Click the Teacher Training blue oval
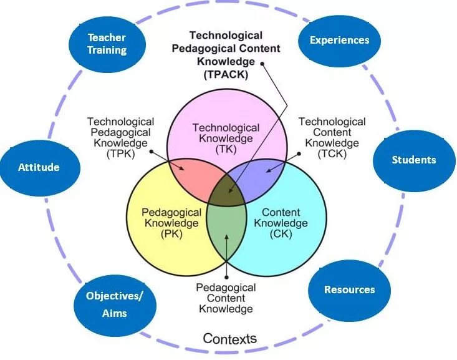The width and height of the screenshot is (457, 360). pos(107,44)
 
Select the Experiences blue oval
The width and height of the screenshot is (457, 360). pos(339,40)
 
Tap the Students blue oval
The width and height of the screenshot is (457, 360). pos(413,160)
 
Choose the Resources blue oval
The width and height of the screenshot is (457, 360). pos(349,289)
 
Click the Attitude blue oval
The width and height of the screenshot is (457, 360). pos(39,167)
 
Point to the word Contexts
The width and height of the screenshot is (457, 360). pos(229,339)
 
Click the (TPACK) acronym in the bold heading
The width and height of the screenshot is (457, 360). pos(225,74)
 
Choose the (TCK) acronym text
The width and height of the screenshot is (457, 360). pos(331,153)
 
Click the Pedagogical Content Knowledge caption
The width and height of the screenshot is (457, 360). pos(226,298)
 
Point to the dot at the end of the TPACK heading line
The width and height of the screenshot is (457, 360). pos(262,63)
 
